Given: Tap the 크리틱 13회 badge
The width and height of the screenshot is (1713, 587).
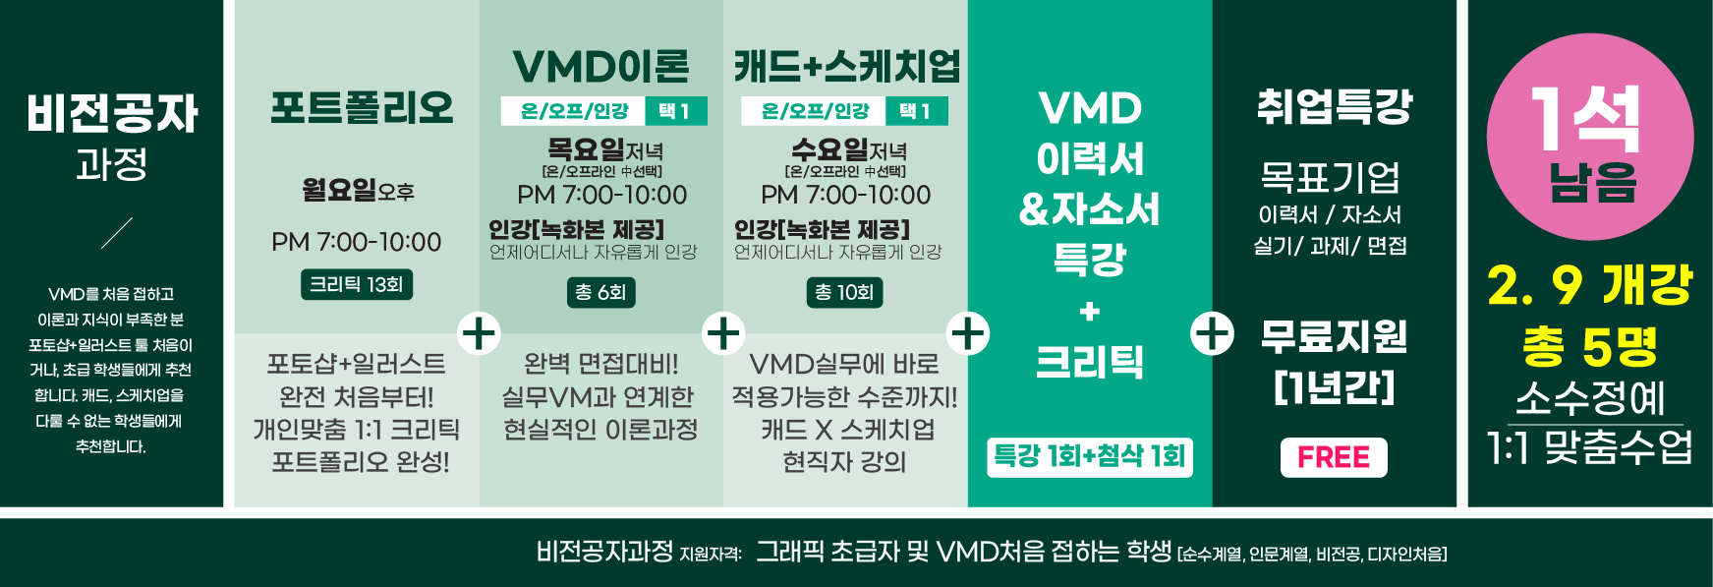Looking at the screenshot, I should click(356, 285).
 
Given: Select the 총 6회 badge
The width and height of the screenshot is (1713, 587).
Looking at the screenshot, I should click(600, 292).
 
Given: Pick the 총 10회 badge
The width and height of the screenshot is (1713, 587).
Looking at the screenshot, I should click(844, 292).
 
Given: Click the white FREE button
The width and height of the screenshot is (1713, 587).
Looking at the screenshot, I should click(1334, 457).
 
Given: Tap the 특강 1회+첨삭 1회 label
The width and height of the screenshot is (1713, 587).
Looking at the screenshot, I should click(1090, 457).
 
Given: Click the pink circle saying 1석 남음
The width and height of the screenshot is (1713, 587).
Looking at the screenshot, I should click(1589, 138).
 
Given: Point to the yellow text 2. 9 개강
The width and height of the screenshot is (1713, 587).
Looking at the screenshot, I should click(1589, 286).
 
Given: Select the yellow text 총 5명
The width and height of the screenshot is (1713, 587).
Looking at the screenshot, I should click(1589, 345).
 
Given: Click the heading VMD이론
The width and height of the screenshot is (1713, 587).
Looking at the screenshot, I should click(600, 67).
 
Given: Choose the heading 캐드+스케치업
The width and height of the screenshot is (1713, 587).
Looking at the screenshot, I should click(846, 67).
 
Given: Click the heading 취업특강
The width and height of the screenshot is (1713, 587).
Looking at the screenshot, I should click(1334, 106).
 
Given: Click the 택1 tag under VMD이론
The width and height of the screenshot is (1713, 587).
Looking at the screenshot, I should click(675, 111).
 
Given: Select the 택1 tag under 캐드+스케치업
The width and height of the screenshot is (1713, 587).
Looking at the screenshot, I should click(916, 111).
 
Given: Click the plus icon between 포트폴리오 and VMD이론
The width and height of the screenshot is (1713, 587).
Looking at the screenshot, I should click(480, 333).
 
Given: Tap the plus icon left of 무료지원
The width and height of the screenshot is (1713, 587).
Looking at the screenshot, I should click(1212, 333).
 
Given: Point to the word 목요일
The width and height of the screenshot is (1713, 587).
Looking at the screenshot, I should click(586, 149).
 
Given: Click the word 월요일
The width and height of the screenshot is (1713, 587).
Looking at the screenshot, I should click(339, 189).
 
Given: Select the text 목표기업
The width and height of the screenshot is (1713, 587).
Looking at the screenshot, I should click(1330, 178).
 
